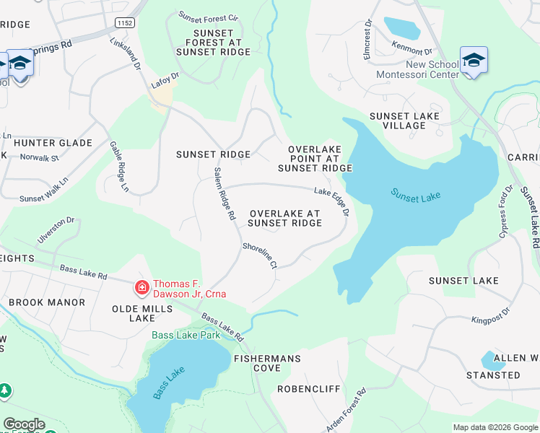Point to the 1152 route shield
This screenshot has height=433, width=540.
coord(123,23)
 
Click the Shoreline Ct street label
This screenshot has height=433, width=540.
coord(260,255)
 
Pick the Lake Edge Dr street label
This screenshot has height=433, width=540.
coord(331,201)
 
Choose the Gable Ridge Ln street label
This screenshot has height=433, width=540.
coord(119,167)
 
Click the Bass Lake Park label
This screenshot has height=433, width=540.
coord(186,335)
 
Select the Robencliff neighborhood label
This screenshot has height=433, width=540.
coord(309,389)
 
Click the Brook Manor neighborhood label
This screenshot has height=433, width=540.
coord(47,302)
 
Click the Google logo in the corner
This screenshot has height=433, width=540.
coord(24,424)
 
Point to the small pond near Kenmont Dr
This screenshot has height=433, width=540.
coord(402,28)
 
